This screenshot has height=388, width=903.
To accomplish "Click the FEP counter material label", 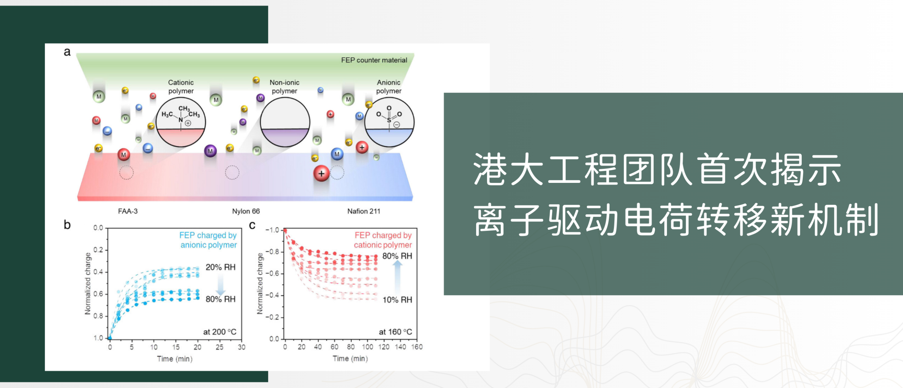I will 374,60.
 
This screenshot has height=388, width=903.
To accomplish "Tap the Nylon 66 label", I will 246,211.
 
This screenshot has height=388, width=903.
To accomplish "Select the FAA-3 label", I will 128,211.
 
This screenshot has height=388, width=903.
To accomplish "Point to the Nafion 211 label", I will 364,211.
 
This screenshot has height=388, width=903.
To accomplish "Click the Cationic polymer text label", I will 181,86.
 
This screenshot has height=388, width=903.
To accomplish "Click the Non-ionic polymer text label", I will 284,86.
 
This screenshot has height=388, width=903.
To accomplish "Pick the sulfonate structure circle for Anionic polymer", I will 389,122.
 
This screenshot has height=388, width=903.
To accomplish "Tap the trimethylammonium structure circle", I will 181,122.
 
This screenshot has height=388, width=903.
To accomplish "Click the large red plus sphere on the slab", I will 321,174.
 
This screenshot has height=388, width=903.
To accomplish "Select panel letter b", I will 67,225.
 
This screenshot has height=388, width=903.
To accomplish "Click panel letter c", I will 252,225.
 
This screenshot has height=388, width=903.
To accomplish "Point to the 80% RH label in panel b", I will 220,299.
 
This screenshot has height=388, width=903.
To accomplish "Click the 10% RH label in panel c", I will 397,300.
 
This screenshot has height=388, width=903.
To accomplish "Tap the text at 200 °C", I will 219,332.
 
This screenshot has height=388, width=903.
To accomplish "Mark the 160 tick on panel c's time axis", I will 417,347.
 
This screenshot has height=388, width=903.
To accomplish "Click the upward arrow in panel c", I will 398,277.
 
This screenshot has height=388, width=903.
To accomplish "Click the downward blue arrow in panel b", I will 220,284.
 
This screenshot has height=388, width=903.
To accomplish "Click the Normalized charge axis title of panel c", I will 260,283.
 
